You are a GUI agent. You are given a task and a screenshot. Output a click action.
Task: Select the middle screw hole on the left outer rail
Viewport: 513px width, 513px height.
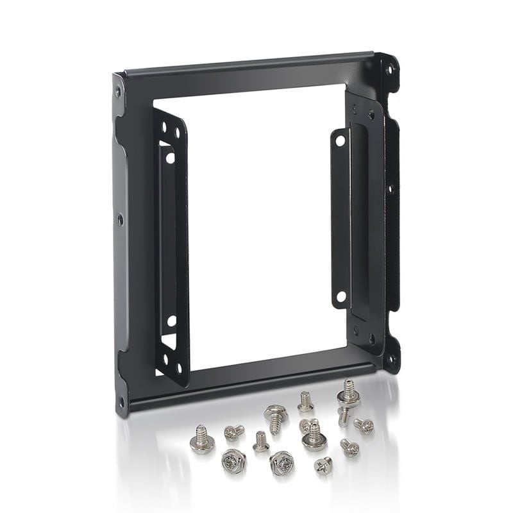click(x=120, y=219)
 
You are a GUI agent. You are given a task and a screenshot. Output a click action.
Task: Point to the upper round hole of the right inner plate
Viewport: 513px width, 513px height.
click(x=341, y=139)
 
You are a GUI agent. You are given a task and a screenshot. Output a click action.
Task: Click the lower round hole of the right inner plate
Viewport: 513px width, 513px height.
click(x=341, y=296)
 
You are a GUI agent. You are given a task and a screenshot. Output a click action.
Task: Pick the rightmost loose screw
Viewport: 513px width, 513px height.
click(x=364, y=425)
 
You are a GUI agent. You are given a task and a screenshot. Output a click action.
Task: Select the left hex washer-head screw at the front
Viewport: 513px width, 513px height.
click(x=233, y=460)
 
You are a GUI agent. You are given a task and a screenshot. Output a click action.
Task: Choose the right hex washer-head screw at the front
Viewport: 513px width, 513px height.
click(x=282, y=462)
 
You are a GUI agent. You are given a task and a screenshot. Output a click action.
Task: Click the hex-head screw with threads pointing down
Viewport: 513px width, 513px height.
click(x=276, y=416)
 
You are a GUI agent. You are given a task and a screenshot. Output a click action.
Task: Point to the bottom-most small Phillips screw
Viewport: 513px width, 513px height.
click(x=324, y=466)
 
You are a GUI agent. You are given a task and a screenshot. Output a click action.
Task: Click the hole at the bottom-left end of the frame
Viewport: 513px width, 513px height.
click(x=121, y=402)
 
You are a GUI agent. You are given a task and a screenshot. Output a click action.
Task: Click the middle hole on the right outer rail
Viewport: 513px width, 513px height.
click(x=389, y=189)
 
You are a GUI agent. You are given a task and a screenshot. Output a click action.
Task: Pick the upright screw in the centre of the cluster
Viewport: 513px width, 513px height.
click(x=314, y=437)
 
